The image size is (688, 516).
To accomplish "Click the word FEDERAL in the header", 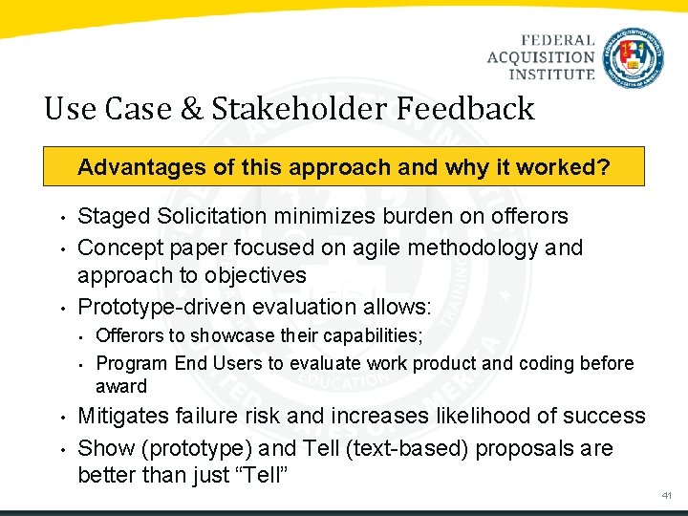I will (558, 41).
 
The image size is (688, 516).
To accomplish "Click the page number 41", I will (666, 496).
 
